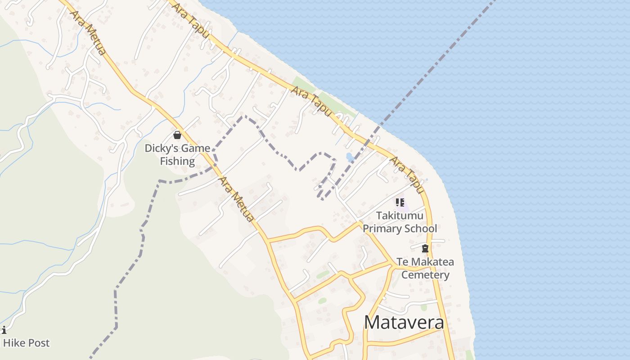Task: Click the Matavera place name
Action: [404, 323]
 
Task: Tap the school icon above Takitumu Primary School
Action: [400, 202]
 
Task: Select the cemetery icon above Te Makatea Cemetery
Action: [425, 248]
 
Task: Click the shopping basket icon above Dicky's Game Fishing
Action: [177, 135]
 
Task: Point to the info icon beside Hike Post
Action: [4, 330]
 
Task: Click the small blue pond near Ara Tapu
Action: [350, 157]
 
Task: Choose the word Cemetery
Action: [425, 275]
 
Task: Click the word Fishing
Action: [177, 161]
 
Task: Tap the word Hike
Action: [13, 343]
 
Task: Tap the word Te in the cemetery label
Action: [402, 262]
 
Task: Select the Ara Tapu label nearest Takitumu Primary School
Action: [407, 175]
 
